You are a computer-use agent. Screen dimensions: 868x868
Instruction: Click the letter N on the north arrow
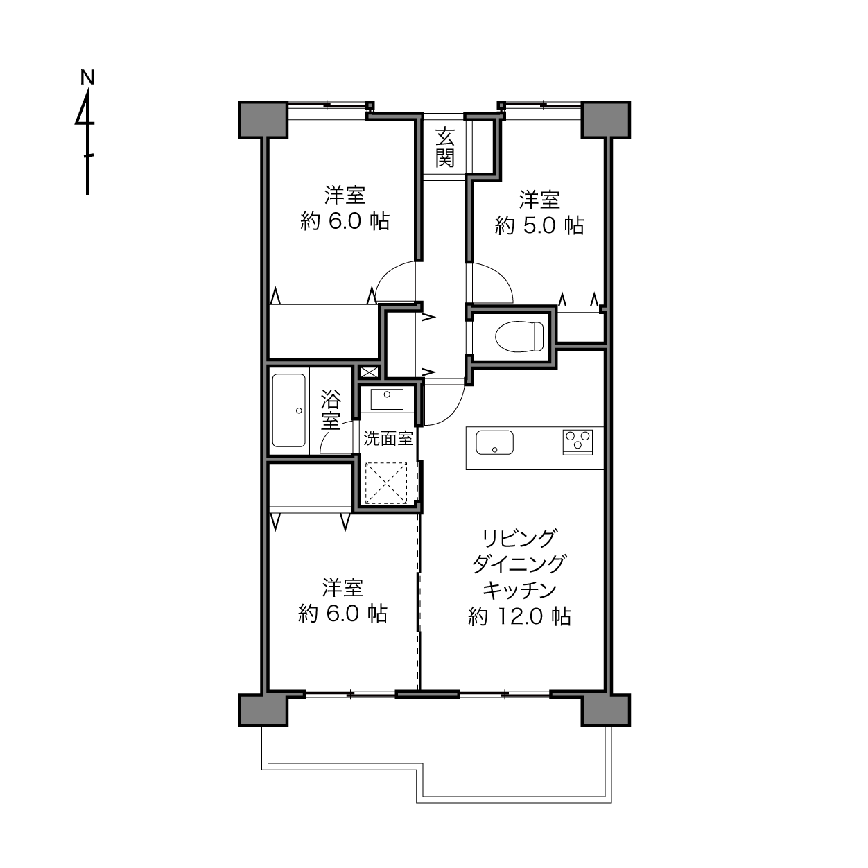point(87,77)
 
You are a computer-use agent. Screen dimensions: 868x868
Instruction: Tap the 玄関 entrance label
point(444,147)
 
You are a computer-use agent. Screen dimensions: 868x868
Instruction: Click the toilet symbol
point(519,336)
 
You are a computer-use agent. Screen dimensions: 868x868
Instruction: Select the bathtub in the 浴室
point(289,411)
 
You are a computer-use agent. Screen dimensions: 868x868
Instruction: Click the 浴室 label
point(331,410)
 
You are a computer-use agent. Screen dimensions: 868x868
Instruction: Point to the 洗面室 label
point(388,438)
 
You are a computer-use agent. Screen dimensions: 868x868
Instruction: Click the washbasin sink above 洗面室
point(387,399)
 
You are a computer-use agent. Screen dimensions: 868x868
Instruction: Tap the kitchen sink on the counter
point(494,442)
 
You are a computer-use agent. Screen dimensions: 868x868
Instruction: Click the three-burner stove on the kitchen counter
point(578,442)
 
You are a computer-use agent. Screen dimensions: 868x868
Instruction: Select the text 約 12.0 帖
point(519,616)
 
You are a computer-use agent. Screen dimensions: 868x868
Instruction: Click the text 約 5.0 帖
point(539,225)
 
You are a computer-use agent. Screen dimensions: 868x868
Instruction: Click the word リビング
point(519,537)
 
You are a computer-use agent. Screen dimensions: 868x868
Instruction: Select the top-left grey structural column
point(263,119)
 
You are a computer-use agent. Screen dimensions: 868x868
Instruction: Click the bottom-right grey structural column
point(605,709)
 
